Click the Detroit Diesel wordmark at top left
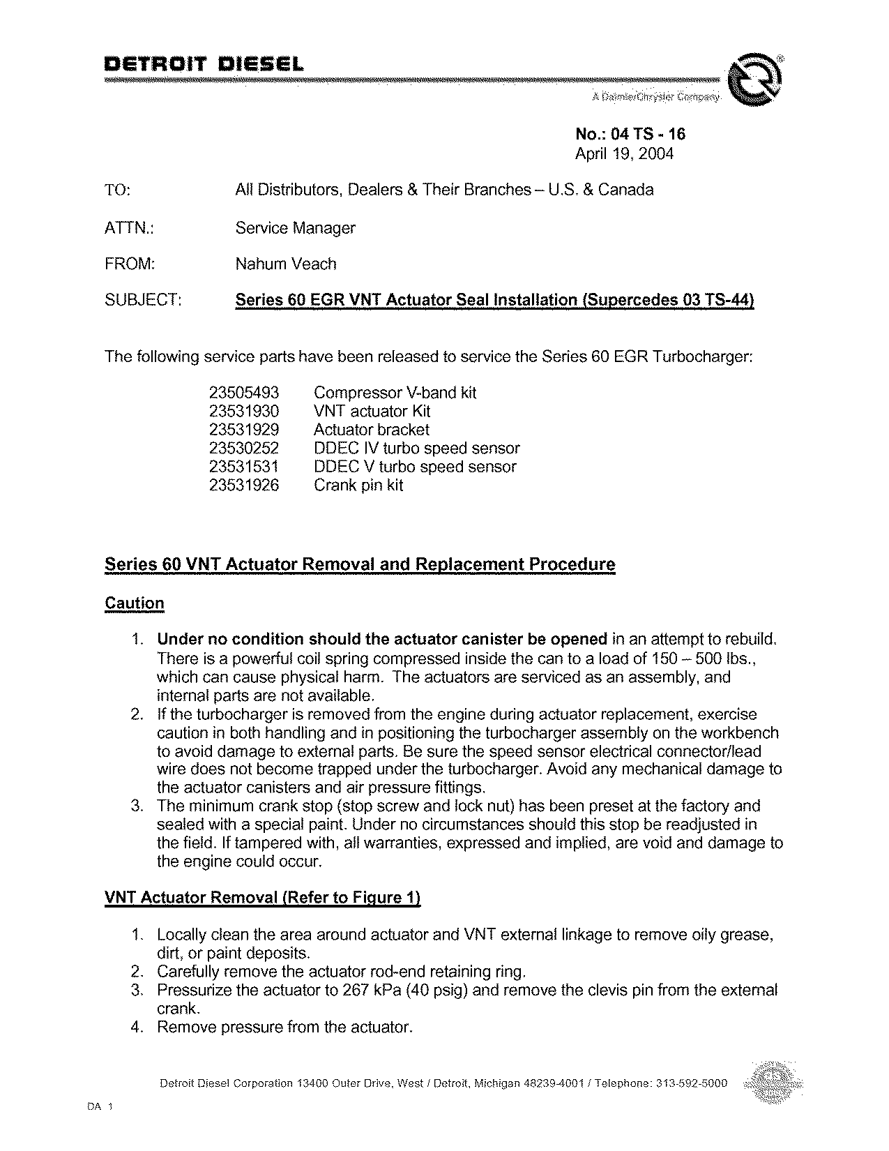pyautogui.click(x=204, y=66)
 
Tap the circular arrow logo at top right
pyautogui.click(x=754, y=82)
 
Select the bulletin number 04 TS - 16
pyautogui.click(x=630, y=135)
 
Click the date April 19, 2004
pyautogui.click(x=624, y=153)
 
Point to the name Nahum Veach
pyautogui.click(x=286, y=264)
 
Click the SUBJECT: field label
pyautogui.click(x=143, y=301)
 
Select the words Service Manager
pyautogui.click(x=295, y=228)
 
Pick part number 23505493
pyautogui.click(x=243, y=393)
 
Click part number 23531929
pyautogui.click(x=243, y=430)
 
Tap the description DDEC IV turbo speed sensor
pyautogui.click(x=416, y=449)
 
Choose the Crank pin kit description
pyautogui.click(x=358, y=486)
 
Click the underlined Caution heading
pyautogui.click(x=134, y=603)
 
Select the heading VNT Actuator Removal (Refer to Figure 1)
pyautogui.click(x=262, y=898)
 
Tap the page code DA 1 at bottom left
pyautogui.click(x=100, y=1107)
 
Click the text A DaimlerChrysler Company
pyautogui.click(x=655, y=98)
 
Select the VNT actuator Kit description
pyautogui.click(x=372, y=412)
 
